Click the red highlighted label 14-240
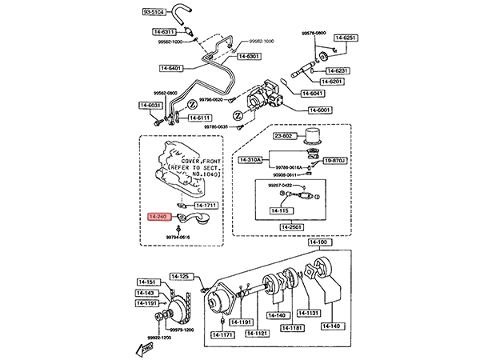pyautogui.click(x=160, y=216)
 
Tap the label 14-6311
pyautogui.click(x=164, y=32)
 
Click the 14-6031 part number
pyautogui.click(x=150, y=106)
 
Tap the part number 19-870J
pyautogui.click(x=336, y=161)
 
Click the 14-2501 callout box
pyautogui.click(x=293, y=227)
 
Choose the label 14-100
pyautogui.click(x=319, y=242)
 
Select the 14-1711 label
pyautogui.click(x=206, y=206)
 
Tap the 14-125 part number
pyautogui.click(x=183, y=277)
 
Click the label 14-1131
pyautogui.click(x=309, y=313)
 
